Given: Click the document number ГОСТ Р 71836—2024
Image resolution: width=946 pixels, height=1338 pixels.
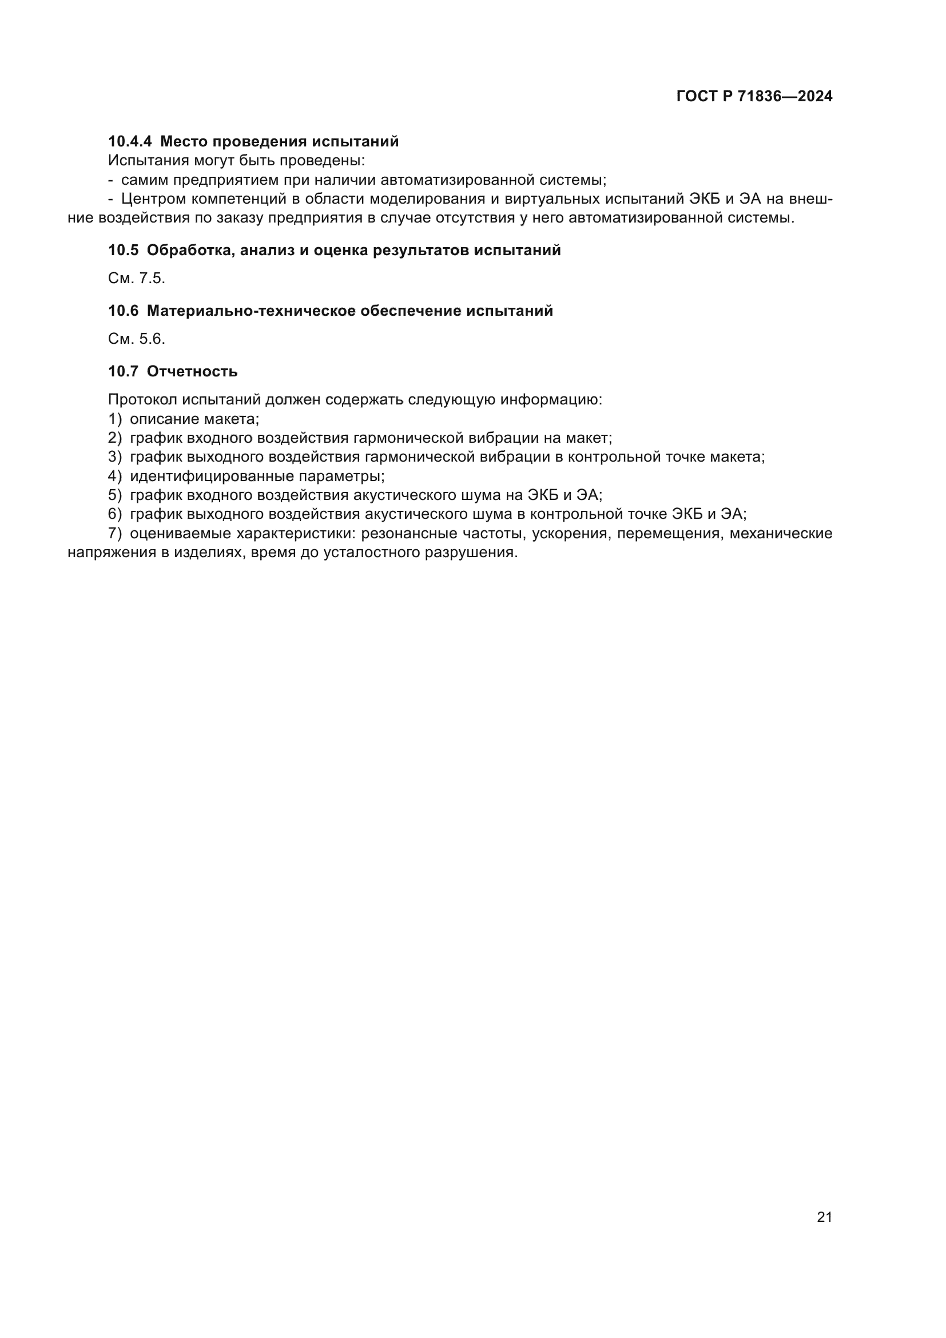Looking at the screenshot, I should click(754, 97).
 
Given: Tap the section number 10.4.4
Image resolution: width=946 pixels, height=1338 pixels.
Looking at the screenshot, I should click(129, 142).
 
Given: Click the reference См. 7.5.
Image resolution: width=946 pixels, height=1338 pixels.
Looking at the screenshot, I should click(136, 279).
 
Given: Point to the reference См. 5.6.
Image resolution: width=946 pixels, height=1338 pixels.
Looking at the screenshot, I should click(136, 339).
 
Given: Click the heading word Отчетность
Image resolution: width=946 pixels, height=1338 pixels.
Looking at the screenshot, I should click(192, 372).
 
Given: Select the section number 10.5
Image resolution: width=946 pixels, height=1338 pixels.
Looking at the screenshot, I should click(123, 251).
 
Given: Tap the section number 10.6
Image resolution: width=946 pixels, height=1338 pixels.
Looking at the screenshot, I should click(123, 311).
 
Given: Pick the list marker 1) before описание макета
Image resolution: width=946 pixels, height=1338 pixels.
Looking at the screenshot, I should click(115, 419).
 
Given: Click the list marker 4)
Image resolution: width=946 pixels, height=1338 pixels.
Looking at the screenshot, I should click(115, 476).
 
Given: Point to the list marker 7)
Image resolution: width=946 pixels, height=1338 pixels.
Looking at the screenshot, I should click(115, 534).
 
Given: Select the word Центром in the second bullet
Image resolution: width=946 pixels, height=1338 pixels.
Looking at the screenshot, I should click(153, 199).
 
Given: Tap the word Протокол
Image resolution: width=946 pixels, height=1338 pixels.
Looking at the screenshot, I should click(142, 400).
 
